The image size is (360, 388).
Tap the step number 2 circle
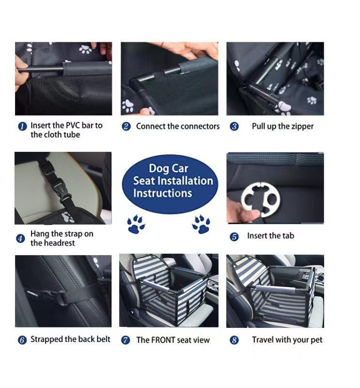pos(126,127)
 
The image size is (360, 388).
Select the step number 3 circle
pos(234,127)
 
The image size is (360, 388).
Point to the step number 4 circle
pos(20,239)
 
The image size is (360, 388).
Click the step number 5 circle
pos(234,237)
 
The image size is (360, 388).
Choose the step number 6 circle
pos(22,340)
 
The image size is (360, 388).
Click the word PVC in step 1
pos(72,125)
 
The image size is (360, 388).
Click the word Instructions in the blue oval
pos(162,193)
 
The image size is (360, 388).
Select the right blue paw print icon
pos(201,224)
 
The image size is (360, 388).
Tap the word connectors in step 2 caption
pos(198,126)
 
